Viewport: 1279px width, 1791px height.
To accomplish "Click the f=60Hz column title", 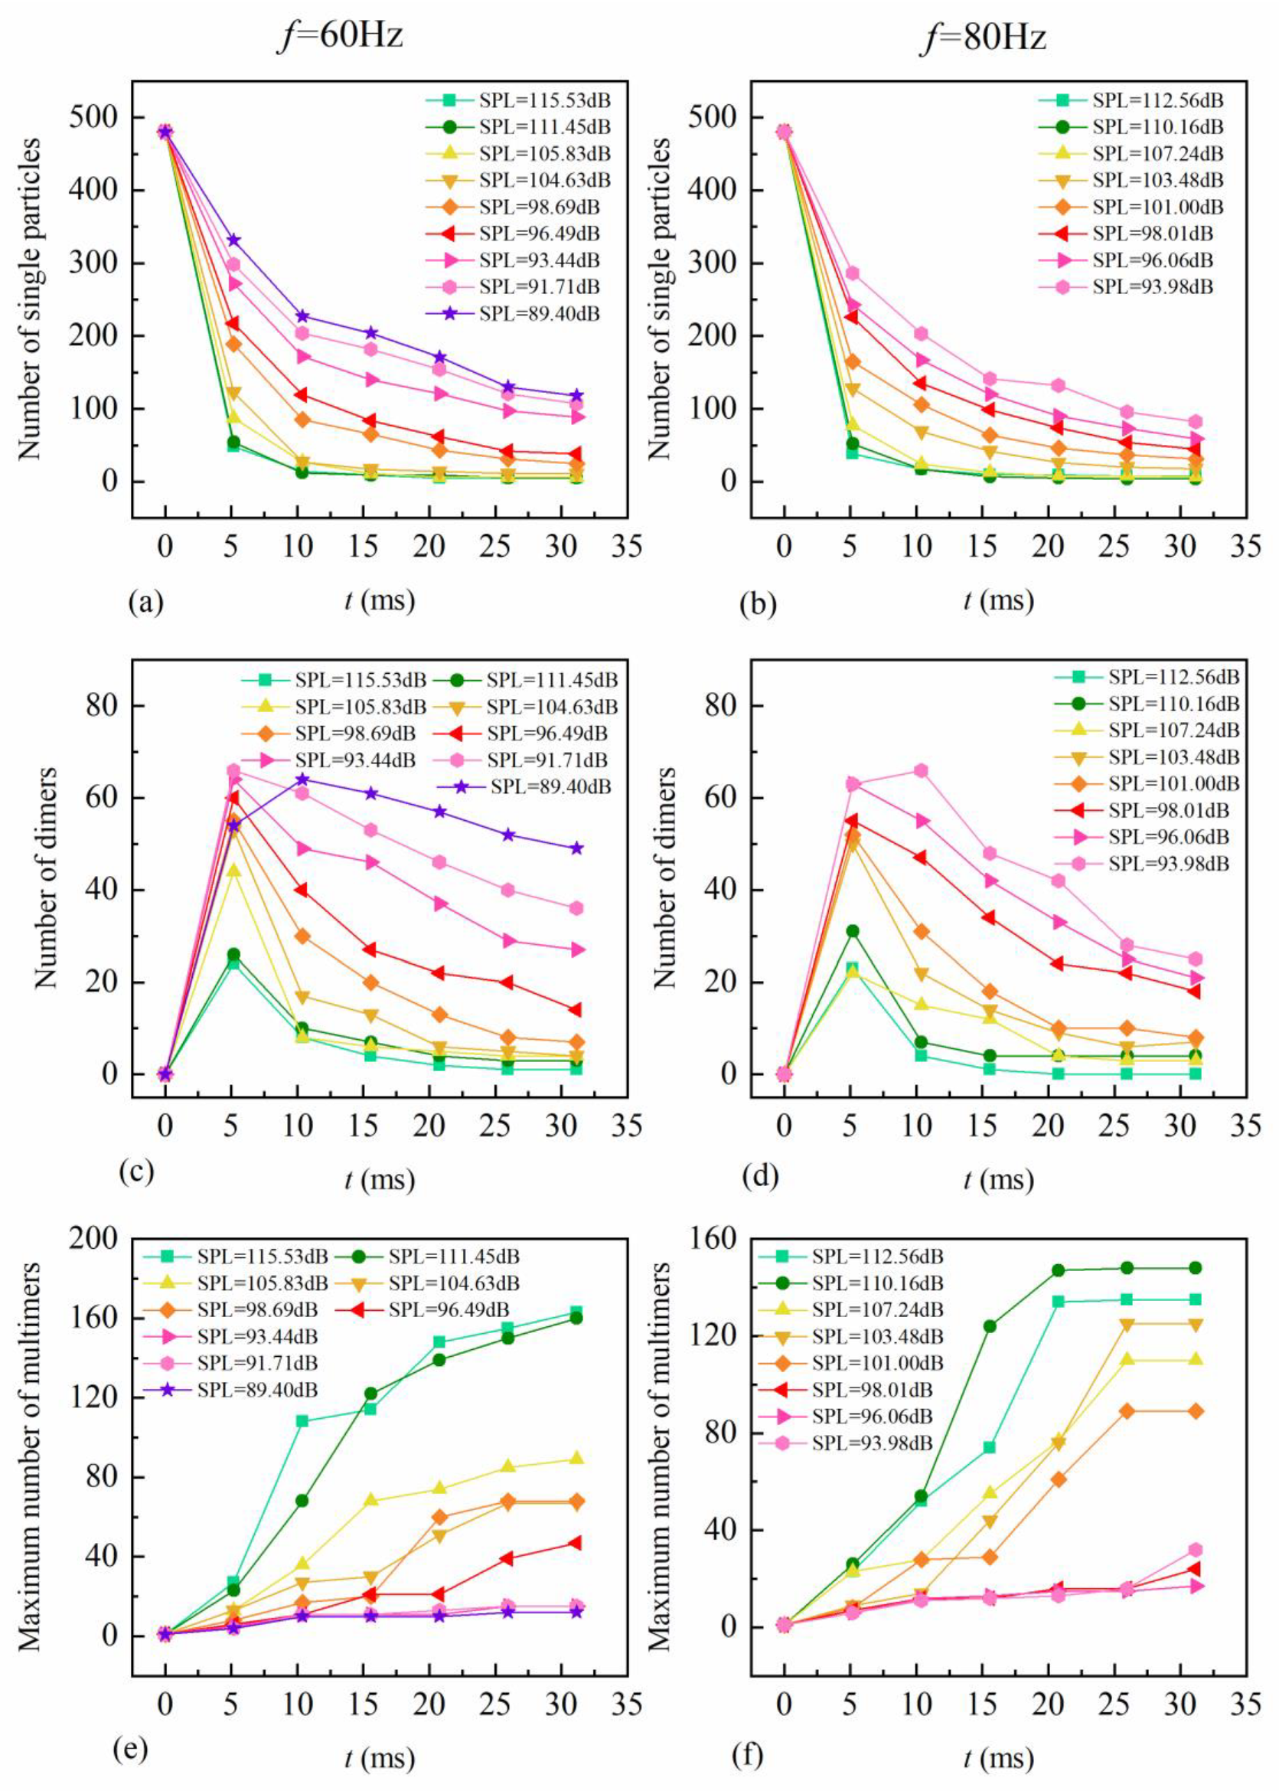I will coord(341,36).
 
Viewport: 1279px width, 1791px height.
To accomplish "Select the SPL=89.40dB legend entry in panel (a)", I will coord(539,314).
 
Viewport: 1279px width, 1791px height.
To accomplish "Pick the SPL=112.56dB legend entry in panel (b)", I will coord(1158,100).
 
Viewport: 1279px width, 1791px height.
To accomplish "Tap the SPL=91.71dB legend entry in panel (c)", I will coord(547,760).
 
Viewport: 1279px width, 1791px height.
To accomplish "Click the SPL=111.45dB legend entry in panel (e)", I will coord(454,1256).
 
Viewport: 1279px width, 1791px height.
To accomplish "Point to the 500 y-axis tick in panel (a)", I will coord(93,117).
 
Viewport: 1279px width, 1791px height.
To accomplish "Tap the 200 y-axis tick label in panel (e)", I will coord(93,1238).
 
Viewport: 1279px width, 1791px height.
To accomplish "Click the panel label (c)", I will coord(135,1171).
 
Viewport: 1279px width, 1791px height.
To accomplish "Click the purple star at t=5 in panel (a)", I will coord(233,240).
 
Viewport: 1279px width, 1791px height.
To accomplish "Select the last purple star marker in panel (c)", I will coord(576,848).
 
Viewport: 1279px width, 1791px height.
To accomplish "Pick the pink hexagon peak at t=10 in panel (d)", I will coord(920,770).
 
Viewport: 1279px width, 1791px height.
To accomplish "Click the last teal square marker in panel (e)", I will coord(576,1312).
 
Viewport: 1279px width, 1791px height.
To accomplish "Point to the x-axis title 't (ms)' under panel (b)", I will coord(999,600).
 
